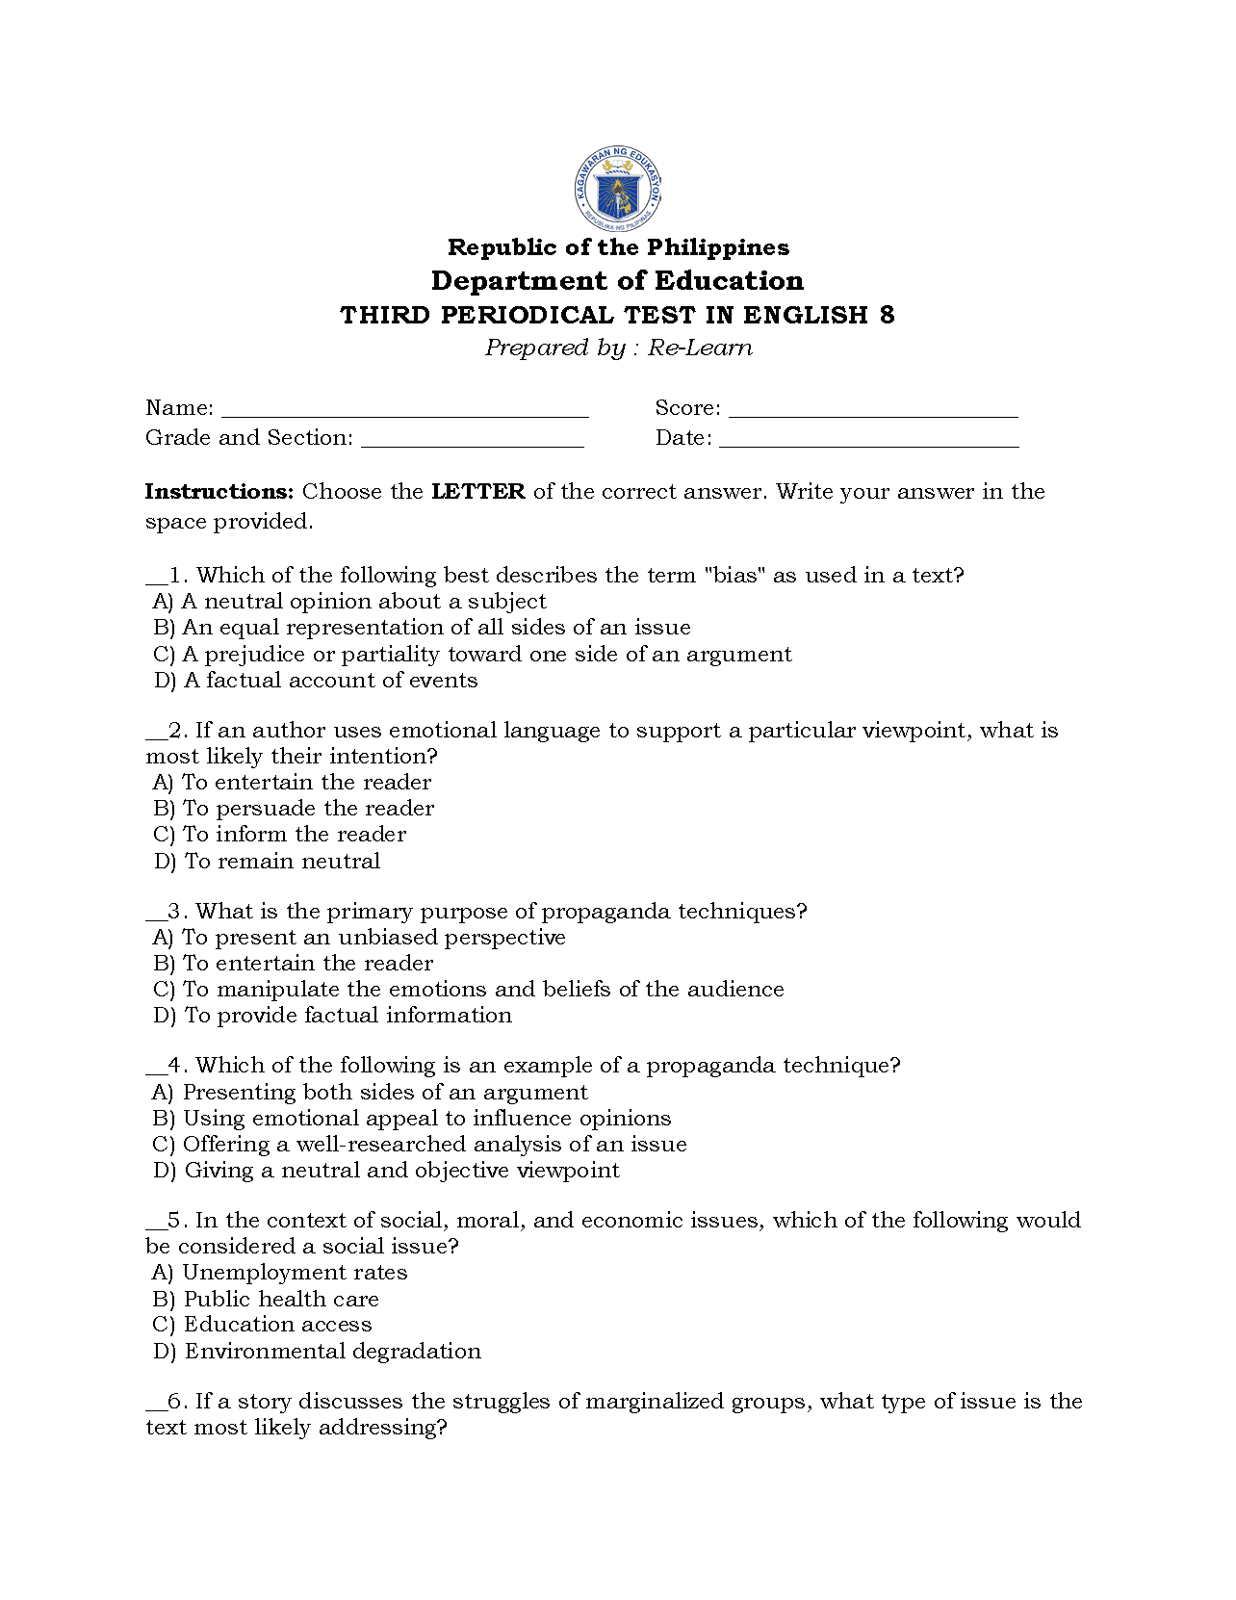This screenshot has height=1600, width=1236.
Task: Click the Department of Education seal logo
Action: [617, 189]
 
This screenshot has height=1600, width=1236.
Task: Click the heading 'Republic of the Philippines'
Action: [618, 247]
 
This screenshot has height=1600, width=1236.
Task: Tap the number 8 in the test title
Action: [887, 315]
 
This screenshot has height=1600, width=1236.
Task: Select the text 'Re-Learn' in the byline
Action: [700, 348]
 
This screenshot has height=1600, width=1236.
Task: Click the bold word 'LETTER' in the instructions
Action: [477, 492]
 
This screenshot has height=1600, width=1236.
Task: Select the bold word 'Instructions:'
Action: [219, 492]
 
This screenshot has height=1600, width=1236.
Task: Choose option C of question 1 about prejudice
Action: [472, 655]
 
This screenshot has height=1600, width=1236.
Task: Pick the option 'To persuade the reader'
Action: [294, 809]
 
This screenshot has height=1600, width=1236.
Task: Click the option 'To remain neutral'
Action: [267, 862]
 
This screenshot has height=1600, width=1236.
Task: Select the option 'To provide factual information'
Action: [332, 1016]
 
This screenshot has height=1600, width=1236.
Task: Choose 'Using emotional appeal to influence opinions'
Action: [411, 1119]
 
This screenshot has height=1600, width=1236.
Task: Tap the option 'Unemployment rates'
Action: [280, 1273]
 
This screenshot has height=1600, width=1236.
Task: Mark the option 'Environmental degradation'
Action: [317, 1352]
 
